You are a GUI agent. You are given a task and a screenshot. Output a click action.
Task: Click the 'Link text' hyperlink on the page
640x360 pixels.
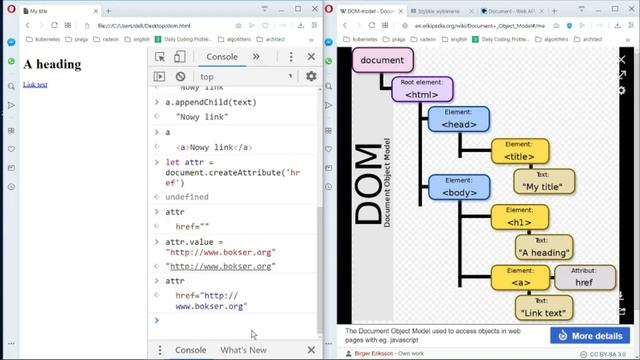point(35,84)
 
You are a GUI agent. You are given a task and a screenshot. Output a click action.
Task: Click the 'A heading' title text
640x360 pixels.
point(51,65)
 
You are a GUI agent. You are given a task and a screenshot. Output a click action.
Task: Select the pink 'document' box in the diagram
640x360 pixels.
point(382,60)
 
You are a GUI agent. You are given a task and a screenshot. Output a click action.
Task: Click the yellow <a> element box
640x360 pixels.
point(519,277)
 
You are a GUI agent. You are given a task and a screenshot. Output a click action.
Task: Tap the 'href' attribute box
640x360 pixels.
point(583,277)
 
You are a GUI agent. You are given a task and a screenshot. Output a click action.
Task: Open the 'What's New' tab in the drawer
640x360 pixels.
point(244,350)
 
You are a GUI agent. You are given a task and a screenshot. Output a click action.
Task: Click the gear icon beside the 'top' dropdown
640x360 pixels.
point(311,76)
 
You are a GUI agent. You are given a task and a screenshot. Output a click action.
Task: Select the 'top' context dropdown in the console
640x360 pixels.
point(245,76)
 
